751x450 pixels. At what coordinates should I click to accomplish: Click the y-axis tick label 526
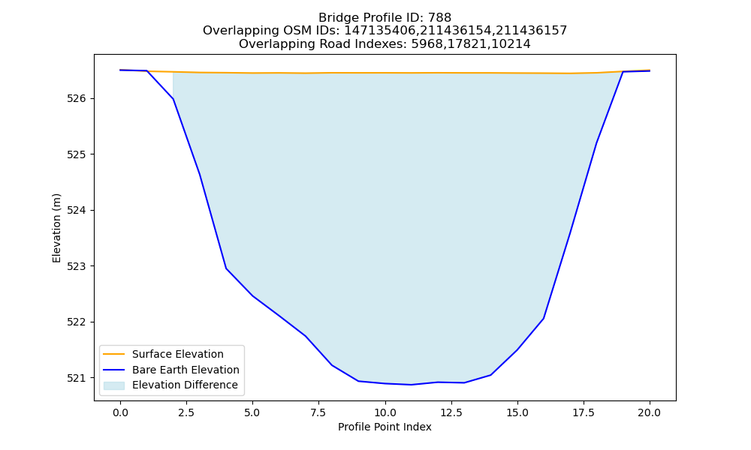(76, 99)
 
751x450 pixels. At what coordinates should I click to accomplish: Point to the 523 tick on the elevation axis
(76, 266)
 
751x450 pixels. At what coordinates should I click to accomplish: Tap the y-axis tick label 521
(76, 378)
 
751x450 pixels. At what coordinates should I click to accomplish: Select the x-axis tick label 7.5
(318, 412)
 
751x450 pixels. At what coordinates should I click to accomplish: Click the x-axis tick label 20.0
(650, 412)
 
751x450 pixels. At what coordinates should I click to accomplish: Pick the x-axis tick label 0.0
(120, 412)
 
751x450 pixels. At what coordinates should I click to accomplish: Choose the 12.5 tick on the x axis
(451, 412)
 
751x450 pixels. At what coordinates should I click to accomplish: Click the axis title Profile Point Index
(385, 427)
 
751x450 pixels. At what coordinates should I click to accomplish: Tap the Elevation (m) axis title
(56, 228)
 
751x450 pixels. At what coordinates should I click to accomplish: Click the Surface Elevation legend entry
(178, 354)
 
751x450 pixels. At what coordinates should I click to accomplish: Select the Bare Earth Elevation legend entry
(185, 370)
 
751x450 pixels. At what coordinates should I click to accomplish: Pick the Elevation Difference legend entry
(185, 385)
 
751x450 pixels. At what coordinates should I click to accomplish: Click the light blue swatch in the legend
(114, 385)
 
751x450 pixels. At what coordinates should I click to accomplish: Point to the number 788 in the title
(440, 18)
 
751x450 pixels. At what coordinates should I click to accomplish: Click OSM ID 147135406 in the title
(380, 31)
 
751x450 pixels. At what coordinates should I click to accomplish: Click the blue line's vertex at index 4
(226, 268)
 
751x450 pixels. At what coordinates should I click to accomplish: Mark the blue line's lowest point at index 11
(411, 385)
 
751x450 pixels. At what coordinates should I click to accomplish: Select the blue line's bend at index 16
(544, 319)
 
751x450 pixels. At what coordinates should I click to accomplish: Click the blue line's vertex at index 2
(173, 99)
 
